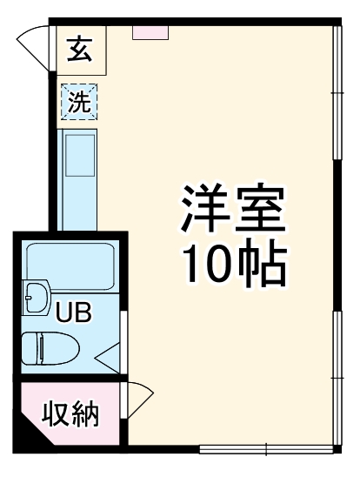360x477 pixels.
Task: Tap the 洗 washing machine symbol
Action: coord(79,102)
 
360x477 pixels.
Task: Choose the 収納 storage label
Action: coord(72,413)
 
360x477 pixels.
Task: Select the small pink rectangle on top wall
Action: coord(150,31)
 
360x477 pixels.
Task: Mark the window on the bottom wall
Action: coord(264,450)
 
